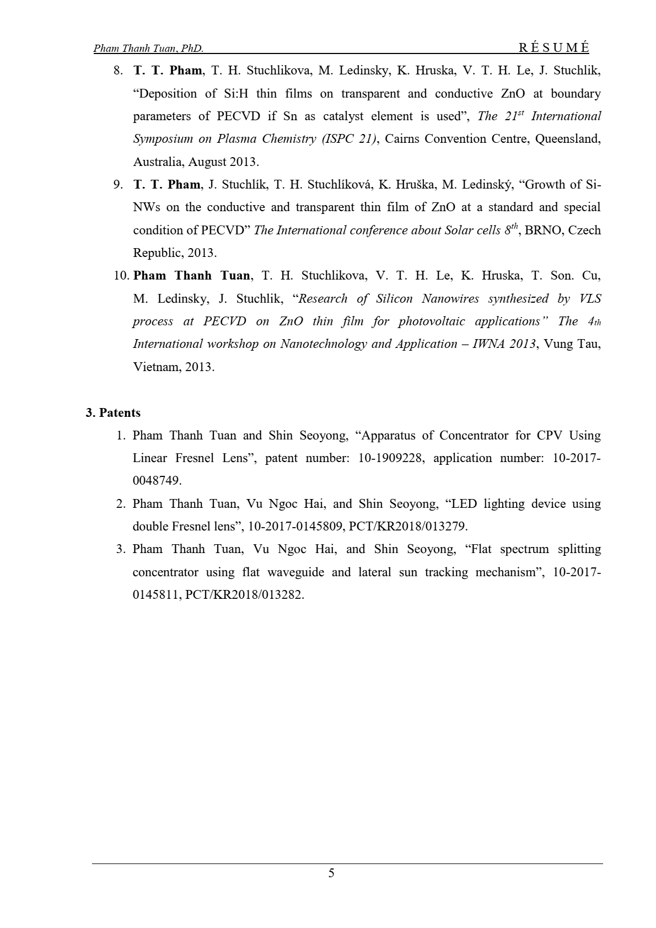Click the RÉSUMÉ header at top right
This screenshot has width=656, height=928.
(553, 48)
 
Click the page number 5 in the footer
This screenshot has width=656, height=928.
(331, 873)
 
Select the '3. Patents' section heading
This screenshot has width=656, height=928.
(113, 413)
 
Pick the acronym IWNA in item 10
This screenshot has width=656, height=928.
(487, 344)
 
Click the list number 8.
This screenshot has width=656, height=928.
(117, 71)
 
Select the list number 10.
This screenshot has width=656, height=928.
(121, 276)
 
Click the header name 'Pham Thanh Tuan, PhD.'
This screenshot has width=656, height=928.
(149, 49)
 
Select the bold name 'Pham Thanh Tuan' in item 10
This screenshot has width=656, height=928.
(192, 276)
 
